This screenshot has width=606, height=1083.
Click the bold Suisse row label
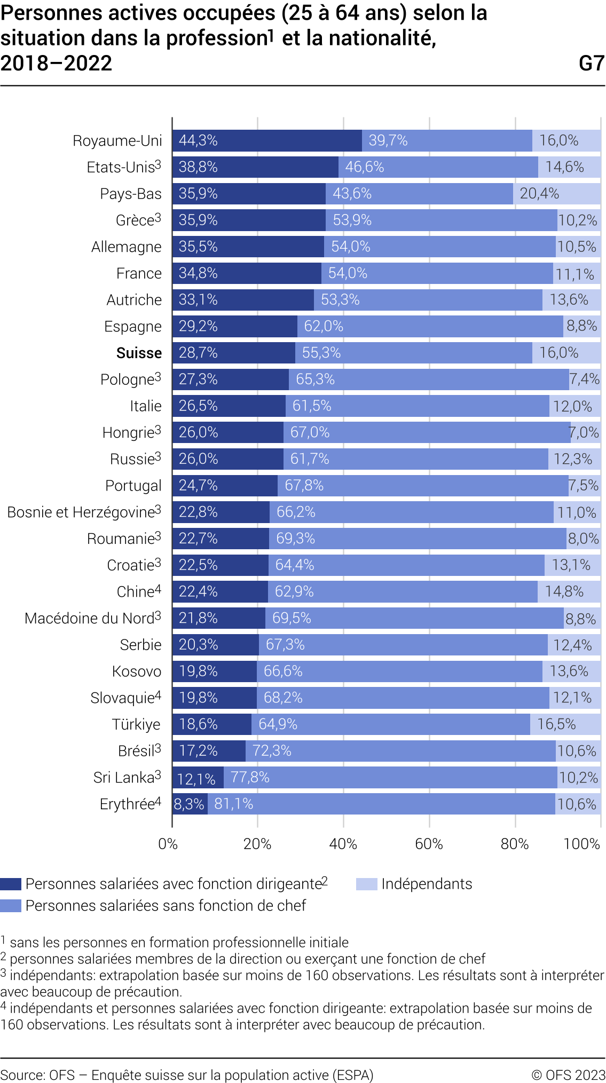point(139,353)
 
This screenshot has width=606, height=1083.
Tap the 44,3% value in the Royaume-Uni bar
point(198,140)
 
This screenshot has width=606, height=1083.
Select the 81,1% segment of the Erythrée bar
point(234,804)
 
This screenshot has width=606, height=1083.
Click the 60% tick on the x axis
point(429,844)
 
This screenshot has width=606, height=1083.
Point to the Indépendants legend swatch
point(366,884)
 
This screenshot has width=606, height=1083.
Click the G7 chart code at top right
point(591,64)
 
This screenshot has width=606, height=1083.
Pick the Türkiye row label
point(136,724)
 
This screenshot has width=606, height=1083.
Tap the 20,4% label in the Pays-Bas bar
point(539,193)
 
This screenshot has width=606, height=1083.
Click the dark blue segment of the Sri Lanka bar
point(198,778)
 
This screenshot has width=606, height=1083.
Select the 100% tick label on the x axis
point(581,844)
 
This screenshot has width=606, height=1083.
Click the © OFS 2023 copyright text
point(568,1074)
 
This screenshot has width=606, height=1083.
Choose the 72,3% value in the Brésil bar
point(272,751)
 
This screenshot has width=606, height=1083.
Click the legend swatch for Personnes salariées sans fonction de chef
point(11,906)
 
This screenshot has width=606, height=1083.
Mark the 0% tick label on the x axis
point(168,844)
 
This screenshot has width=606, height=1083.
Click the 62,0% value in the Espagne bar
point(324,326)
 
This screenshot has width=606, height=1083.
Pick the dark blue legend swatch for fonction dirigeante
point(11,884)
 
